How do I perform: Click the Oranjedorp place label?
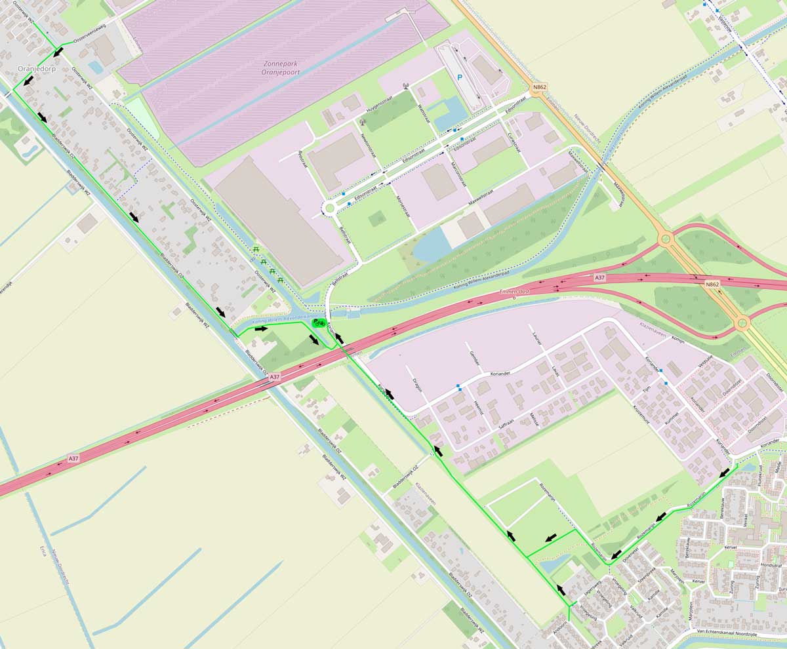pyautogui.click(x=36, y=68)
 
